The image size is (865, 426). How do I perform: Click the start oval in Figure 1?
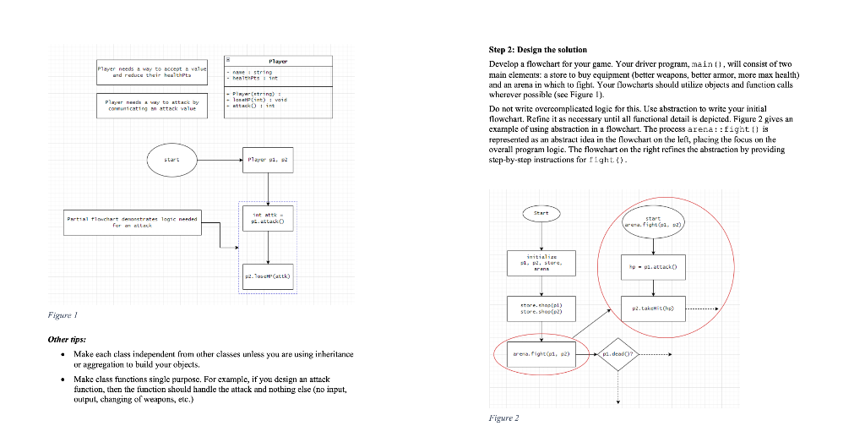[x=173, y=158]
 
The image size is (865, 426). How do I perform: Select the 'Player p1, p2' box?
[x=268, y=158]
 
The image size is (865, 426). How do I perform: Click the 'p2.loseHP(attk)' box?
[x=268, y=276]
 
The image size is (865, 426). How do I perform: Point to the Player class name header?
[x=278, y=60]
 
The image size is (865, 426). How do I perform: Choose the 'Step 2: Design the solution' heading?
[x=538, y=50]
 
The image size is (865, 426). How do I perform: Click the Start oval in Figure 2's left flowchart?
[x=541, y=213]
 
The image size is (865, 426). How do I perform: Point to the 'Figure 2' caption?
[x=504, y=418]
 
